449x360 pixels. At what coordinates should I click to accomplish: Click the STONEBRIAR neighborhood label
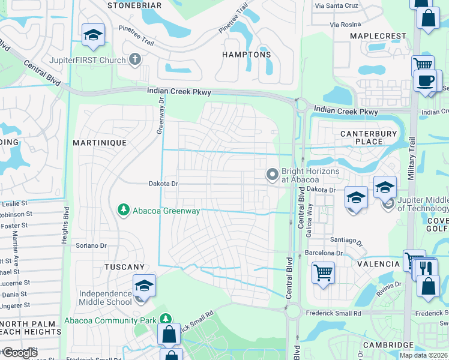pyautogui.click(x=134, y=5)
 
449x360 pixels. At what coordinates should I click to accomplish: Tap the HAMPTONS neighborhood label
pyautogui.click(x=247, y=55)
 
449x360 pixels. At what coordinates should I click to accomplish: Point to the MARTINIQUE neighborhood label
pyautogui.click(x=100, y=143)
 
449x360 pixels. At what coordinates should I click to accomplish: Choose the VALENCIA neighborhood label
pyautogui.click(x=378, y=264)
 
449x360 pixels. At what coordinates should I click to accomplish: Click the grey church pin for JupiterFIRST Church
pyautogui.click(x=135, y=59)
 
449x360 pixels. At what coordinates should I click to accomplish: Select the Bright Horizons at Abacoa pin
pyautogui.click(x=273, y=174)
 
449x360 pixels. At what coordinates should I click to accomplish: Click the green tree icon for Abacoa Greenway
pyautogui.click(x=123, y=209)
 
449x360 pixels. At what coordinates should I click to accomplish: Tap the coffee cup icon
pyautogui.click(x=425, y=80)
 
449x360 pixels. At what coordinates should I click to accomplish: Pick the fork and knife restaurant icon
pyautogui.click(x=427, y=268)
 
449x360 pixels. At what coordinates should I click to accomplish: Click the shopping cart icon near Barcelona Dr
pyautogui.click(x=323, y=273)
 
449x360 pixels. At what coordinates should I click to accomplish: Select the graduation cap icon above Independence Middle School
pyautogui.click(x=144, y=285)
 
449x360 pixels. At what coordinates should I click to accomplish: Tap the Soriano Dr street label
pyautogui.click(x=91, y=245)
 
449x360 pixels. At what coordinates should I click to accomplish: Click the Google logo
pyautogui.click(x=20, y=353)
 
